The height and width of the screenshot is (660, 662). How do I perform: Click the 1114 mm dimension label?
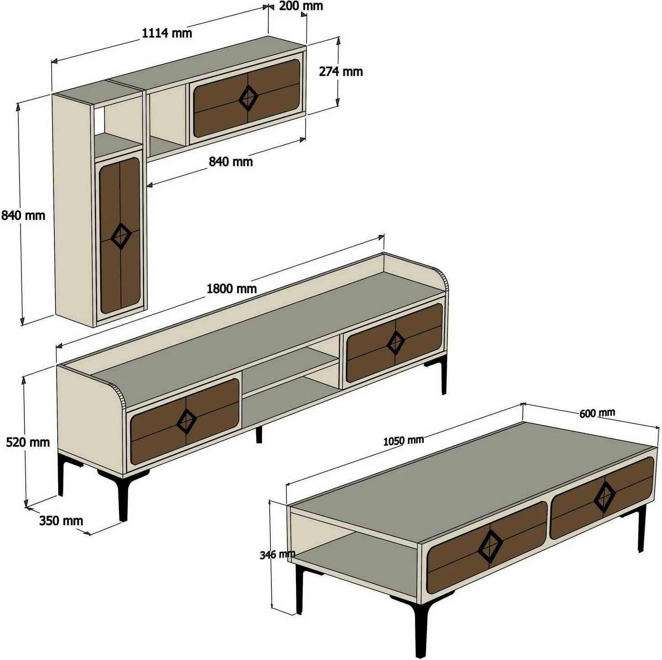(167, 33)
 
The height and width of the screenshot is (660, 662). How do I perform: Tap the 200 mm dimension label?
(301, 6)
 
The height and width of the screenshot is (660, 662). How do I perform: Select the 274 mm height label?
(341, 71)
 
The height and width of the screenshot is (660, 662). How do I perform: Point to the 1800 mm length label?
(231, 289)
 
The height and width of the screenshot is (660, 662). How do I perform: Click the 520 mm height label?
(28, 442)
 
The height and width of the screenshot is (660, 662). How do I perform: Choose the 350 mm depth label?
(61, 521)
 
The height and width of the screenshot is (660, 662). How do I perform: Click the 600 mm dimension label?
(597, 413)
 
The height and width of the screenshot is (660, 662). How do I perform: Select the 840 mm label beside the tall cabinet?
(23, 216)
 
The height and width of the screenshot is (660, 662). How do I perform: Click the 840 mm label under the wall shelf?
(231, 161)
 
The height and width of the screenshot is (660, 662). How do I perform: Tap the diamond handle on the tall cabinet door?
(121, 236)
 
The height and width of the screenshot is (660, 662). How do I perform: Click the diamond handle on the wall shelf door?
(248, 98)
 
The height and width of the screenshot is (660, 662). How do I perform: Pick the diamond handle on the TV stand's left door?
(187, 421)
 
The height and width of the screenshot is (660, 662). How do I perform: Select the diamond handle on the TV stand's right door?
(396, 342)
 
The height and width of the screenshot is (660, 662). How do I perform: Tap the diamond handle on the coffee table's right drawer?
(605, 497)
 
